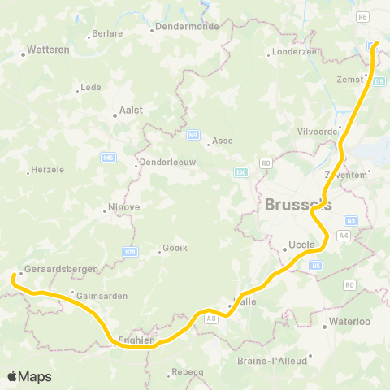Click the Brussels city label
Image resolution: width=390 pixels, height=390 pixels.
point(298,205)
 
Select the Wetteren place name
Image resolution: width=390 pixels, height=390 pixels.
point(48,49)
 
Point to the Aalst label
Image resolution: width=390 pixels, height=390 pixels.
point(131,109)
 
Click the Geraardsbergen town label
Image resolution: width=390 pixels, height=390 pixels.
point(61,268)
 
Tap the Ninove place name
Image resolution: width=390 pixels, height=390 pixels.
point(124,206)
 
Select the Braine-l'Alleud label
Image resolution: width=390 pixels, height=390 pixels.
point(272,360)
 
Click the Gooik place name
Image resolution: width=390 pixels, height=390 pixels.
point(175,250)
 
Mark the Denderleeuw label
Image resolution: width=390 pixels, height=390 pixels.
point(168,162)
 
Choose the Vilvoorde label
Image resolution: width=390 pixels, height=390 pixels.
point(317,130)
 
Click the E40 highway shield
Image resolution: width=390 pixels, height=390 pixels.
point(242,171)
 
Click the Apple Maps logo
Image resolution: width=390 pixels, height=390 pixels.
point(29,376)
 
